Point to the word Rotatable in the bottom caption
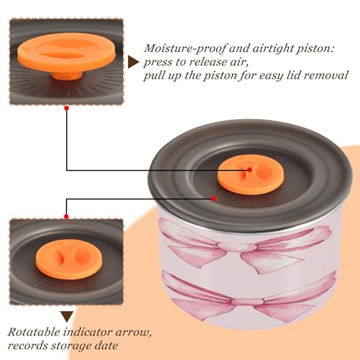click(x=34, y=332)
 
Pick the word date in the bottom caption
click(x=107, y=346)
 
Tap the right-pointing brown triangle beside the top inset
click(x=133, y=63)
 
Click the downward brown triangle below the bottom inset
click(x=67, y=316)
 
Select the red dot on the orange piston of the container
click(x=250, y=170)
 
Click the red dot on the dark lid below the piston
click(x=214, y=199)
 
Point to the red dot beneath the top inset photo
click(x=66, y=108)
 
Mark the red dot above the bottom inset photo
click(x=66, y=217)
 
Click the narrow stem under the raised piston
click(x=67, y=75)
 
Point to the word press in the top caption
click(x=158, y=63)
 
